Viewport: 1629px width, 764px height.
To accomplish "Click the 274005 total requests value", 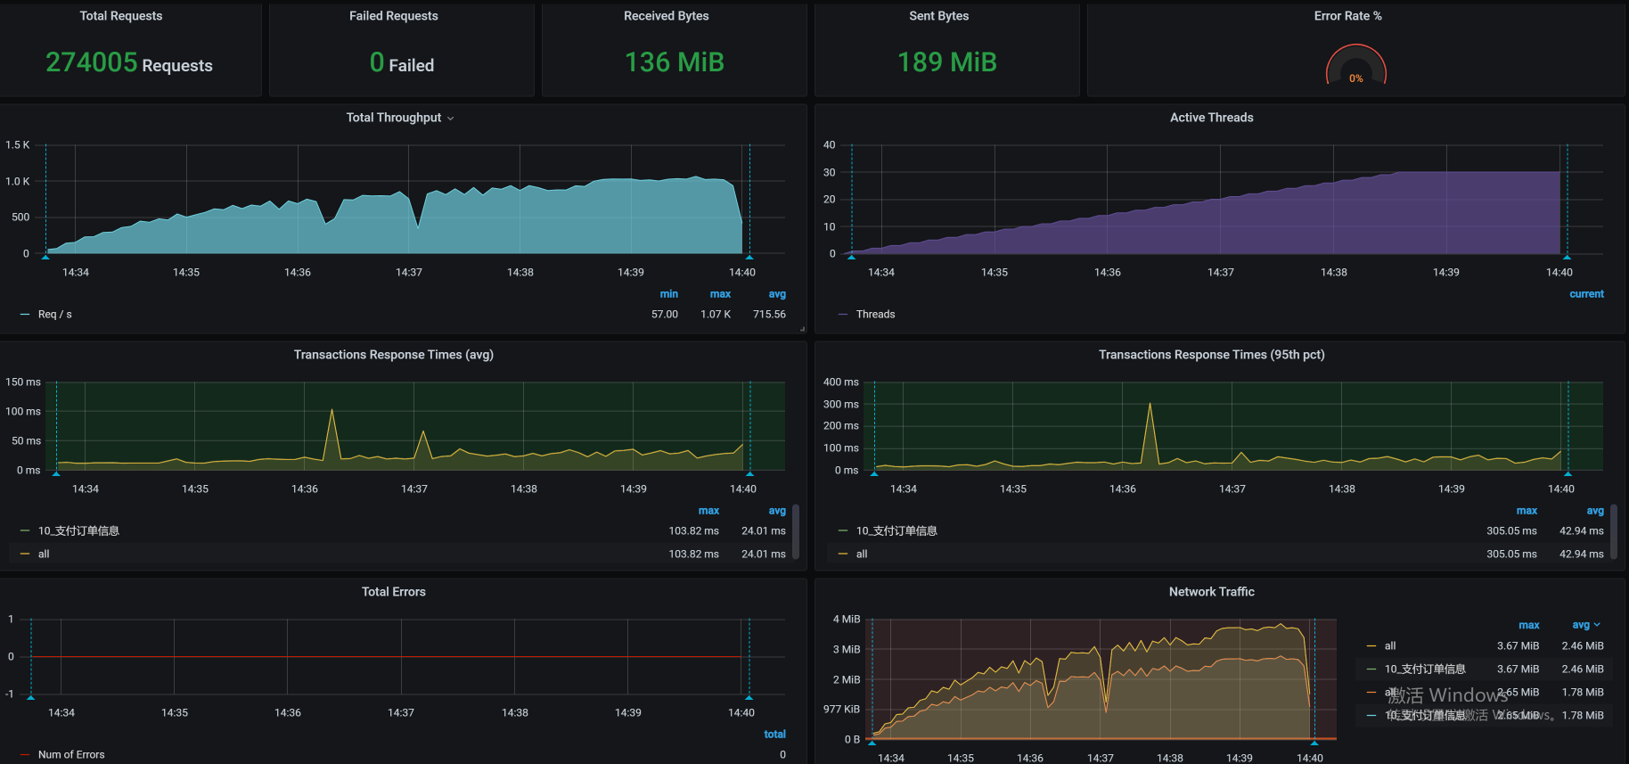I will click(92, 62).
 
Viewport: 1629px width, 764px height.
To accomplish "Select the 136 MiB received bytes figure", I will click(674, 62).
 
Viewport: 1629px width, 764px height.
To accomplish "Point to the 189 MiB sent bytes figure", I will click(946, 62).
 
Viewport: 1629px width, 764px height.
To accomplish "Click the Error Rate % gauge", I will click(1355, 67).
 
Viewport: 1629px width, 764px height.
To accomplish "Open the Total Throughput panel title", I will click(394, 118).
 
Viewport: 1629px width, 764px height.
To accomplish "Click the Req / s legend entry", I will click(54, 315).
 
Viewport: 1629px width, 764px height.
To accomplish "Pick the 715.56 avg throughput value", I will click(769, 315).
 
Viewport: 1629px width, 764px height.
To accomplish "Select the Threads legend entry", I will click(875, 315).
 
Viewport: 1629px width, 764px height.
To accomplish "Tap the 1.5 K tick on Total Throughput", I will click(18, 144).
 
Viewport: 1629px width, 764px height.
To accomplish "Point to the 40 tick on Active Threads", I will click(829, 144).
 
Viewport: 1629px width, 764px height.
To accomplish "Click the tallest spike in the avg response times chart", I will click(332, 410).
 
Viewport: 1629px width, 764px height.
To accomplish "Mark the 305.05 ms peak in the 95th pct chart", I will click(1150, 405).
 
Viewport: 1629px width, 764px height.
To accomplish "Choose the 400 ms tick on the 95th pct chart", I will click(840, 382).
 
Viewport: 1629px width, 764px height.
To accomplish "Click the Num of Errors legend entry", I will click(71, 754).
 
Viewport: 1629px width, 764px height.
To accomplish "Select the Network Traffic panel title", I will click(1211, 592).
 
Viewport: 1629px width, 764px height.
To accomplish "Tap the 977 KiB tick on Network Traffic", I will click(841, 709).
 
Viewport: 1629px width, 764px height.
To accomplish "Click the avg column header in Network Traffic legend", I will click(1582, 625).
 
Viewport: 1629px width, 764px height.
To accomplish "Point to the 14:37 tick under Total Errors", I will click(401, 712).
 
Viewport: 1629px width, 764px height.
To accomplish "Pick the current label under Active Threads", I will click(1586, 294).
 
